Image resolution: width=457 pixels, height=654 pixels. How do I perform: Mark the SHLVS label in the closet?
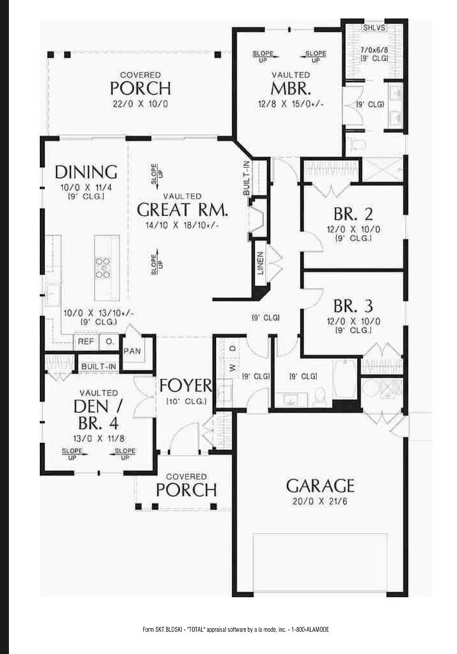pos(373,28)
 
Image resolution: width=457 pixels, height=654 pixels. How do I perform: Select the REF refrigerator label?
pos(86,341)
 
